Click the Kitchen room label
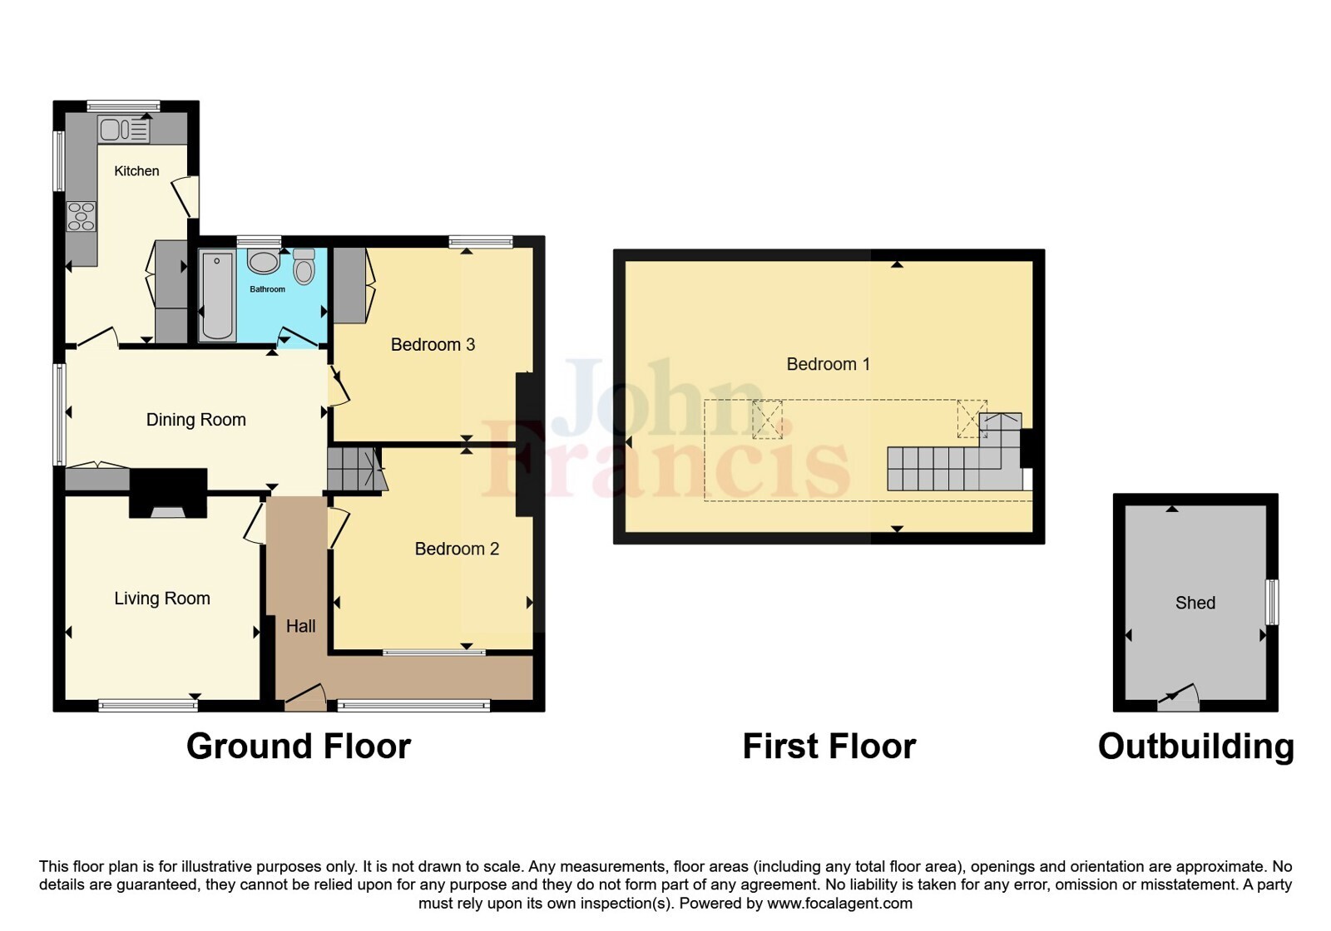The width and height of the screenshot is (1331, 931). click(136, 171)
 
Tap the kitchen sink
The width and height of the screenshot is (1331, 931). click(124, 130)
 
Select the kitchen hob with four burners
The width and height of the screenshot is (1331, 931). click(81, 217)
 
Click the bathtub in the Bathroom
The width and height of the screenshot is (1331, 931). click(217, 296)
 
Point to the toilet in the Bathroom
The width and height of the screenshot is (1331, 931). click(304, 267)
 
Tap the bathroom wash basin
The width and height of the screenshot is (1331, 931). click(263, 261)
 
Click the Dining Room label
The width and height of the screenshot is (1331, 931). click(196, 420)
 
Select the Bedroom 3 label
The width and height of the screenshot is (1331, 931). click(433, 344)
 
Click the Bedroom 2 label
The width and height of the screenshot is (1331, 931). click(457, 549)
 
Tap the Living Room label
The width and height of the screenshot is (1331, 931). click(162, 598)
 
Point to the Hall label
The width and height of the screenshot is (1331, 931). click(300, 626)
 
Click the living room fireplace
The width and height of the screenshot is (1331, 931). click(168, 494)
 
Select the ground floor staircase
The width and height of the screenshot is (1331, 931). click(354, 470)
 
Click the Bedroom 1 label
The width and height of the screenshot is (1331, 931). click(829, 364)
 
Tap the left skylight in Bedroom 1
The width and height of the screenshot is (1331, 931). click(768, 420)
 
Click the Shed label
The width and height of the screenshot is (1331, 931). click(1195, 603)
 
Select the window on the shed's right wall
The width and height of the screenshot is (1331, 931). click(1272, 602)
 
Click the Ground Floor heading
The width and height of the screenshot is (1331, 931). click(299, 746)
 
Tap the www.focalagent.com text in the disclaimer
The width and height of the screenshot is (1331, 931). click(839, 903)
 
